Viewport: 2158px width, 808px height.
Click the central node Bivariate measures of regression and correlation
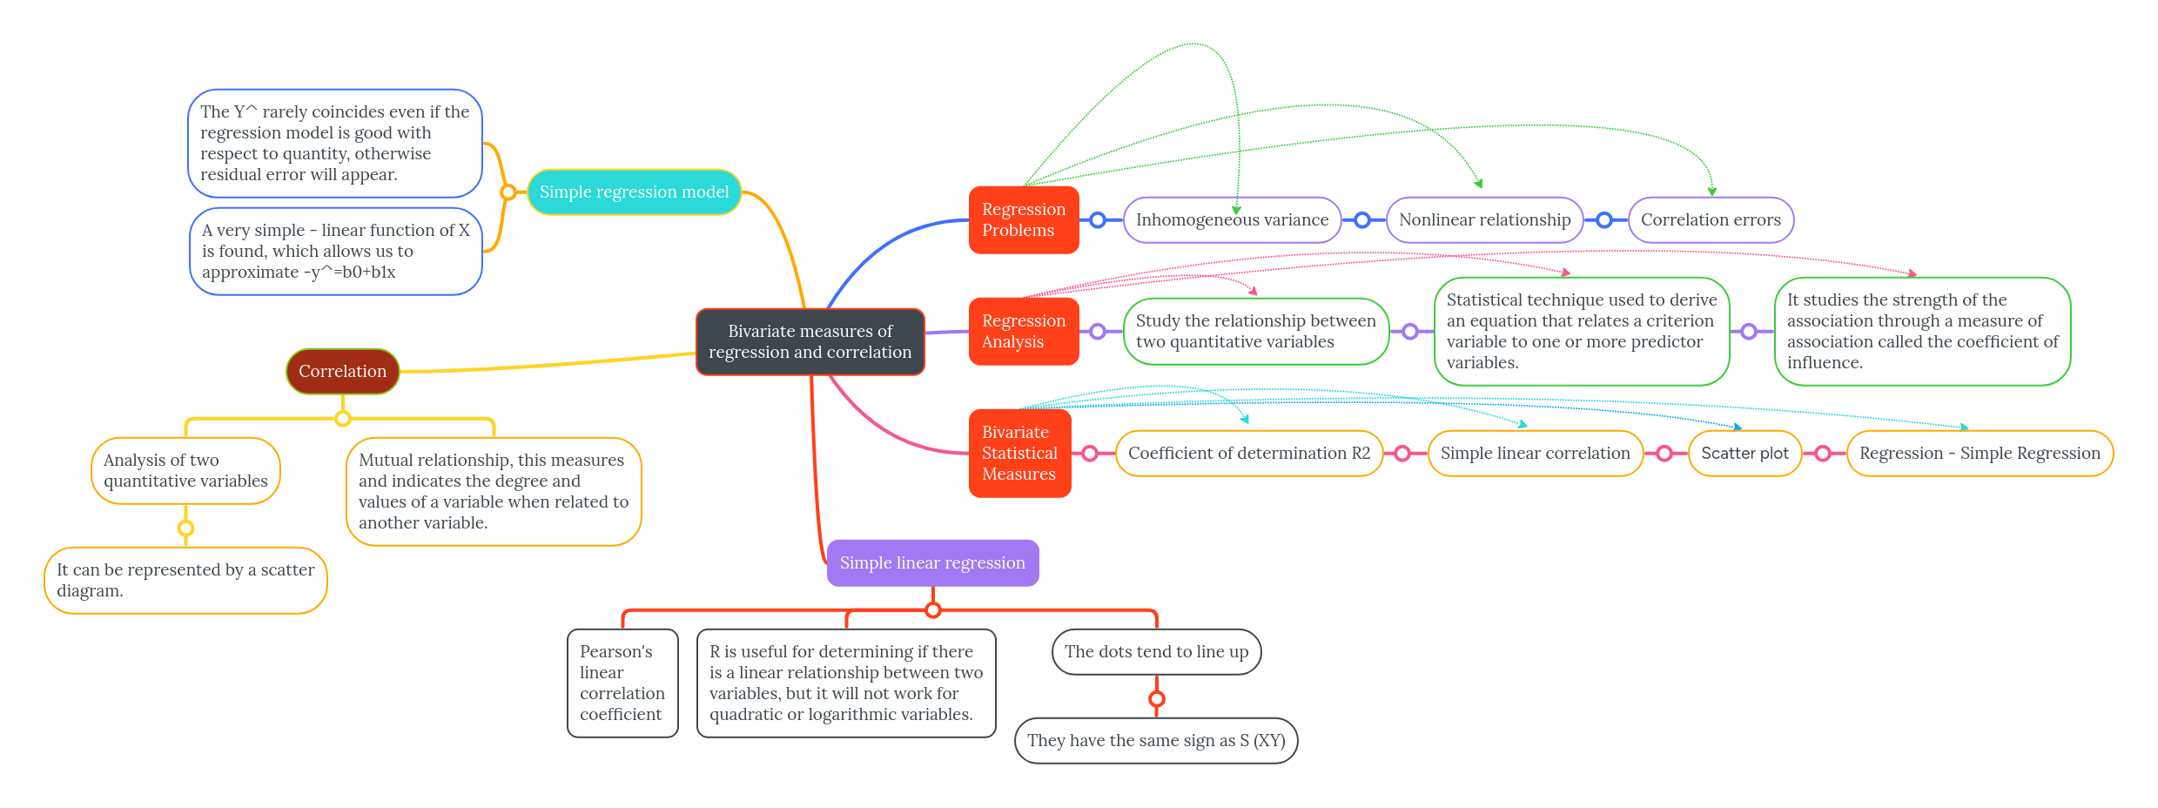pyautogui.click(x=810, y=342)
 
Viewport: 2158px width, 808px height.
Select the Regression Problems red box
pyautogui.click(x=1023, y=220)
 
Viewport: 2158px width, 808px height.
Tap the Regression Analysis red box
pyautogui.click(x=1023, y=332)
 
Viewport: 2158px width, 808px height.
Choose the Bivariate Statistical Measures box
pyautogui.click(x=1019, y=454)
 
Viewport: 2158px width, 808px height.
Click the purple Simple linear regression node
pyautogui.click(x=932, y=563)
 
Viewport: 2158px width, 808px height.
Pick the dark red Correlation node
pyautogui.click(x=342, y=372)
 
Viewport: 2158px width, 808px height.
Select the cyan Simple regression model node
pyautogui.click(x=634, y=192)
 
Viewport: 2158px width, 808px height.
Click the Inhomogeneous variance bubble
pyautogui.click(x=1232, y=220)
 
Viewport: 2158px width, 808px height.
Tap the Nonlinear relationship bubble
pyautogui.click(x=1484, y=220)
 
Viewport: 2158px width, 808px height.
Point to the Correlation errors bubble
pyautogui.click(x=1711, y=220)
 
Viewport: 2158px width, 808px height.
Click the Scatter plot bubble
pyautogui.click(x=1745, y=454)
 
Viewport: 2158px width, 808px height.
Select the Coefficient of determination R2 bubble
pyautogui.click(x=1248, y=454)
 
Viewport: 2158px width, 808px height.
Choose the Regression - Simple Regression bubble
pyautogui.click(x=1980, y=454)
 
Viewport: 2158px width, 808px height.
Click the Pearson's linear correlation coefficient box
pyautogui.click(x=622, y=683)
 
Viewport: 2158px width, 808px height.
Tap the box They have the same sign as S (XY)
pyautogui.click(x=1155, y=741)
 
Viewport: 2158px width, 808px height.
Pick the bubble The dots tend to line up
pyautogui.click(x=1156, y=652)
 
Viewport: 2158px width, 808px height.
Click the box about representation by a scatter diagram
pyautogui.click(x=185, y=581)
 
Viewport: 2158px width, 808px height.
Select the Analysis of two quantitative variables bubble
pyautogui.click(x=185, y=471)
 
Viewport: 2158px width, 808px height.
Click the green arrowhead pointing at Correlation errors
pyautogui.click(x=1712, y=192)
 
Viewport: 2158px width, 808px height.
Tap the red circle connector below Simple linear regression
pyautogui.click(x=933, y=610)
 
